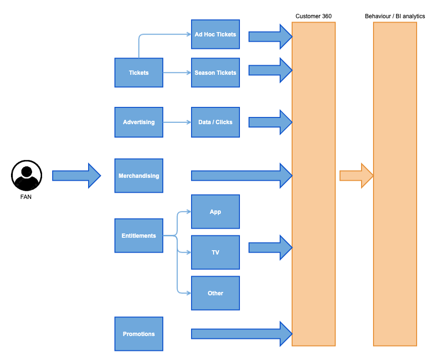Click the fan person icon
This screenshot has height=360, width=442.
click(26, 175)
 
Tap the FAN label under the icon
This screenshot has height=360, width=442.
click(26, 197)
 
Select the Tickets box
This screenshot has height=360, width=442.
click(139, 72)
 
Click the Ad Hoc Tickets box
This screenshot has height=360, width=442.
click(215, 34)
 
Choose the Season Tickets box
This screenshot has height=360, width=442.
click(215, 72)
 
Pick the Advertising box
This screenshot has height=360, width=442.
click(139, 122)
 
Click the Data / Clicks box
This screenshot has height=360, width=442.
click(215, 122)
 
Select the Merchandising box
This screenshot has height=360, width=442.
click(139, 176)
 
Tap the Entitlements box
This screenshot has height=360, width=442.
click(139, 235)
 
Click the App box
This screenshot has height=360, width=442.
click(215, 211)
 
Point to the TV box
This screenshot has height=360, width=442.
click(215, 252)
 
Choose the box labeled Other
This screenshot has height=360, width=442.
click(215, 293)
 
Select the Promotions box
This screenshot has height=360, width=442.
click(139, 334)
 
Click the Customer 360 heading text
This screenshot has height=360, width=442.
click(314, 16)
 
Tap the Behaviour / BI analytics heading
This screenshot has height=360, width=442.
click(395, 16)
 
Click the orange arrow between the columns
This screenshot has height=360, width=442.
click(357, 175)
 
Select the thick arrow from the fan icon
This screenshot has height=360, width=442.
click(77, 175)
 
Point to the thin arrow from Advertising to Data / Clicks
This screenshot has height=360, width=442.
click(177, 122)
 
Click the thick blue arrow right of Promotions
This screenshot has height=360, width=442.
click(242, 334)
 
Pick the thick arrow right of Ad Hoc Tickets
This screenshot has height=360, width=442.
click(271, 37)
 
